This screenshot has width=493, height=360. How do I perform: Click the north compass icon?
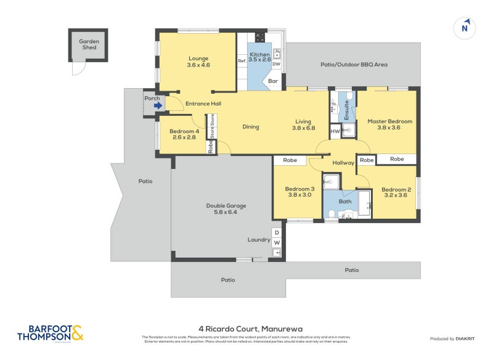tap(465, 28)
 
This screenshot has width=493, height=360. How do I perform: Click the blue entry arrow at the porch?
tap(158, 105)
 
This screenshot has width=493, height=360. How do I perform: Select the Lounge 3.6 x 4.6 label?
tap(198, 62)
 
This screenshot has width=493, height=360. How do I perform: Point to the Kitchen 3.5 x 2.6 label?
tap(259, 57)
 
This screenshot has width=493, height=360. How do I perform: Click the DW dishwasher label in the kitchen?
tap(276, 64)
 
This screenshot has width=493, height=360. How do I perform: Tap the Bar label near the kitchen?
tap(272, 81)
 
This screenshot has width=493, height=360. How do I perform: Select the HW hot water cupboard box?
tap(335, 131)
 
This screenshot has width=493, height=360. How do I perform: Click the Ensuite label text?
tap(347, 110)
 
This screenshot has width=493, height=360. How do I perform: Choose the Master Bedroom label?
tap(389, 125)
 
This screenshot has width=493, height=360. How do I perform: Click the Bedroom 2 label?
tap(396, 193)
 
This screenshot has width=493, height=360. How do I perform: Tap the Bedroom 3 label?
tap(299, 192)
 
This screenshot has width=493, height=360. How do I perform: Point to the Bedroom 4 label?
tap(184, 134)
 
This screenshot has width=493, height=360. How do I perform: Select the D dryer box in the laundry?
tap(277, 232)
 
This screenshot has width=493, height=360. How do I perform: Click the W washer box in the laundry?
tap(277, 242)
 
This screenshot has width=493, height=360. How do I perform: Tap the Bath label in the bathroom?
tap(345, 201)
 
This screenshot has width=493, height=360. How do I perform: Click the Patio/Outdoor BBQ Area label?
tap(354, 64)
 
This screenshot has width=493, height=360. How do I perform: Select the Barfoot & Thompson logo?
tap(50, 333)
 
